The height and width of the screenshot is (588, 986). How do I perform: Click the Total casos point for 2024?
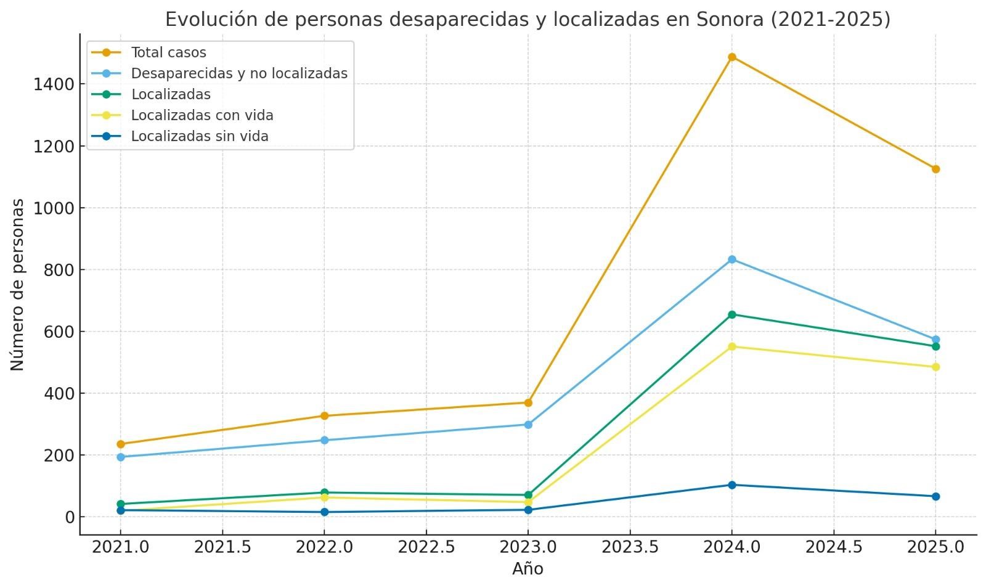[x=731, y=57]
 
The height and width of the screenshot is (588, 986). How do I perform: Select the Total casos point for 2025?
[x=935, y=169]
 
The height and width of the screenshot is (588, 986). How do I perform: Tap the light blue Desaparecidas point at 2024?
[x=731, y=259]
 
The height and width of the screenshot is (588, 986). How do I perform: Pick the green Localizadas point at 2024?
[x=731, y=315]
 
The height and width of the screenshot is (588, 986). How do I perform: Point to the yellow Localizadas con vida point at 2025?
[x=935, y=367]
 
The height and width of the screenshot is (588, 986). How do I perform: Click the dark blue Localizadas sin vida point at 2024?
[x=731, y=485]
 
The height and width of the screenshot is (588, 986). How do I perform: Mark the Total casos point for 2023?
[x=528, y=403]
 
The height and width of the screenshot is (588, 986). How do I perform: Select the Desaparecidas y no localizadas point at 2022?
[x=324, y=440]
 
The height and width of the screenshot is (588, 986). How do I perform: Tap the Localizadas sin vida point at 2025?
[x=935, y=496]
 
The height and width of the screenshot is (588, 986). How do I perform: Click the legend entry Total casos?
[x=168, y=52]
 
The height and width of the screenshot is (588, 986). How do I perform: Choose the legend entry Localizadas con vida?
[x=202, y=115]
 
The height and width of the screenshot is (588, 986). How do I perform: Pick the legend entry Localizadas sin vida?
[x=199, y=136]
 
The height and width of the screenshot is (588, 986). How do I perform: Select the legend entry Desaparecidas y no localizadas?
[x=238, y=73]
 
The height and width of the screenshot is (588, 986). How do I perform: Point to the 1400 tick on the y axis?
[x=54, y=84]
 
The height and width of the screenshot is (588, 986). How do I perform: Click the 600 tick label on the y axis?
[x=59, y=332]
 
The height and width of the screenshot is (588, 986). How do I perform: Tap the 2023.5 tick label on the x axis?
[x=630, y=547]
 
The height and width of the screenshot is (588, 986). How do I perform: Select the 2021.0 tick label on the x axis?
[x=121, y=547]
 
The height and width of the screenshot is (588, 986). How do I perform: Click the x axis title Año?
[x=528, y=569]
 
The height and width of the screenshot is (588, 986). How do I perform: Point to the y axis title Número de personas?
[x=17, y=285]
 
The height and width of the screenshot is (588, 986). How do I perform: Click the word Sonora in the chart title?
[x=730, y=20]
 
